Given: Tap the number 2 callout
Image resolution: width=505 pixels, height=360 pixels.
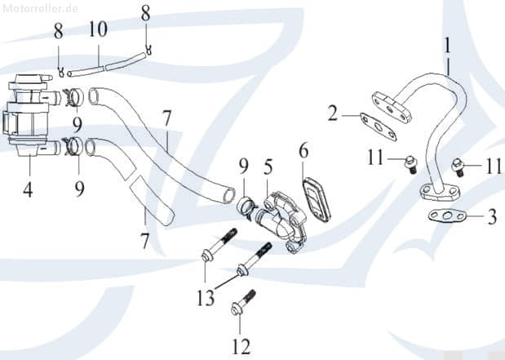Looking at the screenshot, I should pyautogui.click(x=333, y=113).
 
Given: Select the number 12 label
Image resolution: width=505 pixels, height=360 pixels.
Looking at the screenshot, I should pyautogui.click(x=241, y=347).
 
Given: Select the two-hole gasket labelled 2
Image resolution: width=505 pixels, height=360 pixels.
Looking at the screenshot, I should pyautogui.click(x=376, y=127).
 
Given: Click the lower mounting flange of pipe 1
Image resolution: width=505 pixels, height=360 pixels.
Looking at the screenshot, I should pyautogui.click(x=440, y=193).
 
